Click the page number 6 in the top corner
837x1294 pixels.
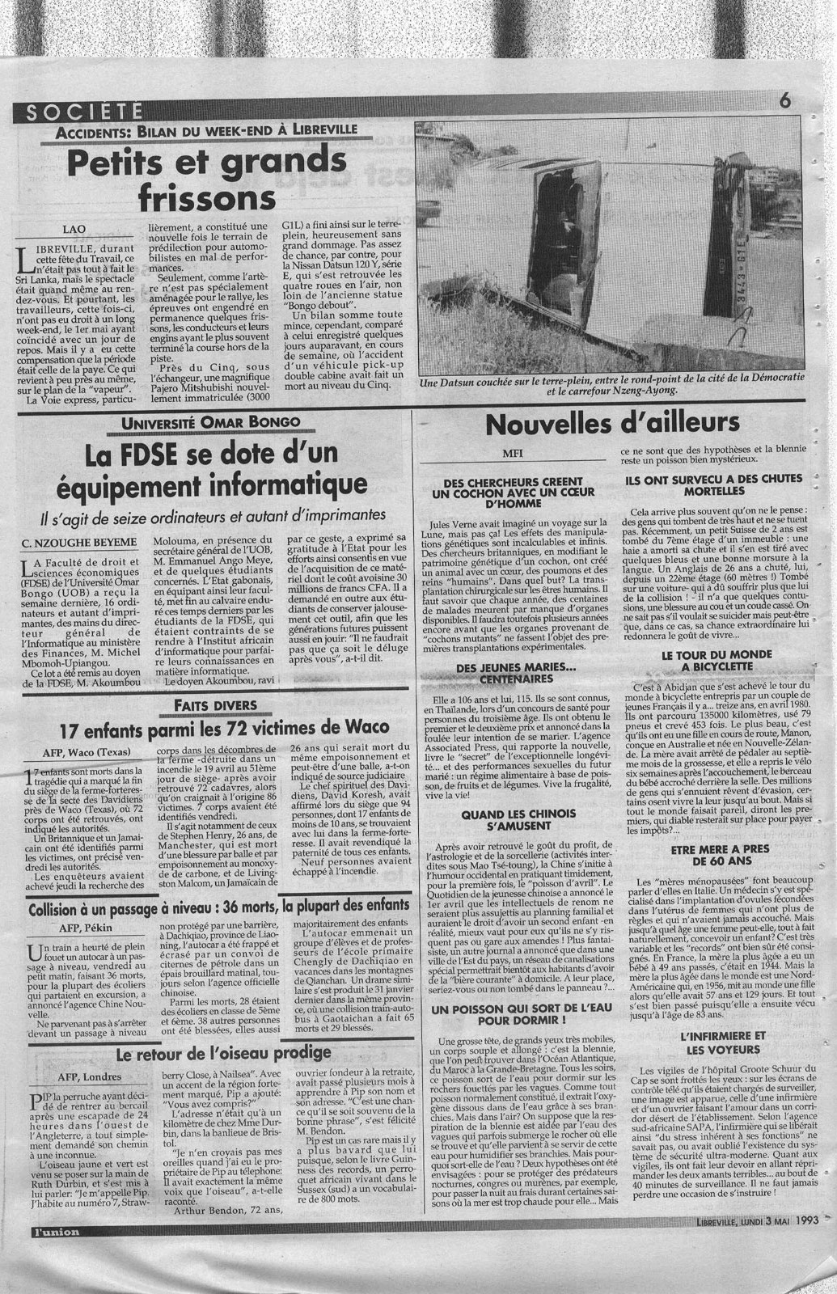point(784,102)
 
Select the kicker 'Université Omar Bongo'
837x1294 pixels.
point(209,423)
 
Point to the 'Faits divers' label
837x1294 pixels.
point(209,705)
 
